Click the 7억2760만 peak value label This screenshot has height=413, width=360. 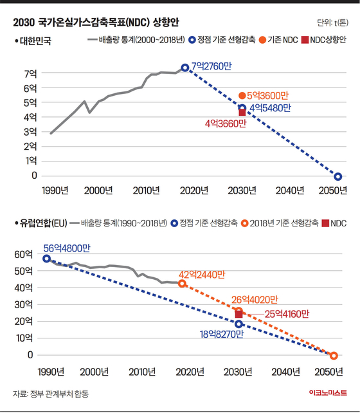[212, 66]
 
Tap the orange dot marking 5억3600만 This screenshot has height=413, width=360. [242, 96]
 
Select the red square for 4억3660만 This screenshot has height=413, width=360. [242, 113]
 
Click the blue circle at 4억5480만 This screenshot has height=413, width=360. [242, 107]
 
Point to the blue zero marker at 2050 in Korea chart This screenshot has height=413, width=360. [338, 176]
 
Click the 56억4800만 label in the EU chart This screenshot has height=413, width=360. [67, 248]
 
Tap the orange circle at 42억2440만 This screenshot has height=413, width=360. [182, 284]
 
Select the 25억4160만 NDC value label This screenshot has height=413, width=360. [287, 314]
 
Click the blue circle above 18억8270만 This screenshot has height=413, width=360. [239, 324]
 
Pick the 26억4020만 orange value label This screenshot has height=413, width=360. [255, 300]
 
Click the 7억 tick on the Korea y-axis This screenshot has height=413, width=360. [30, 74]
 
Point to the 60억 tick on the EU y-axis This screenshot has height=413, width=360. [24, 255]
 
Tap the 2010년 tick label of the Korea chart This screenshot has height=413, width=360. [146, 190]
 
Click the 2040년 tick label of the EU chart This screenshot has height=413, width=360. [285, 372]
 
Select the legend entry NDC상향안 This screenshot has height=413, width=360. [324, 40]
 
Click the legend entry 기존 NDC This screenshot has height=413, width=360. [278, 40]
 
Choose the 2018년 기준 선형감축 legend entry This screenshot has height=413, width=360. [280, 223]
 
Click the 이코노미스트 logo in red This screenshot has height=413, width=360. [328, 392]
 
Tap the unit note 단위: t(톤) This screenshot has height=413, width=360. [332, 23]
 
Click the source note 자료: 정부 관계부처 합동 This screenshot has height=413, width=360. [51, 394]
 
